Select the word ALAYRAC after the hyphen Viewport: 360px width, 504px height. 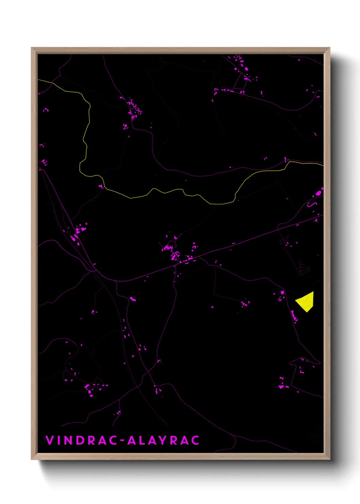pyautogui.click(x=163, y=440)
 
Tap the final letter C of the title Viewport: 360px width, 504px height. pyautogui.click(x=195, y=440)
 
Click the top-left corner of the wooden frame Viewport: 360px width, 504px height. pyautogui.click(x=32, y=48)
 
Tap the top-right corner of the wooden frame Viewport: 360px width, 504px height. pyautogui.click(x=329, y=48)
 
